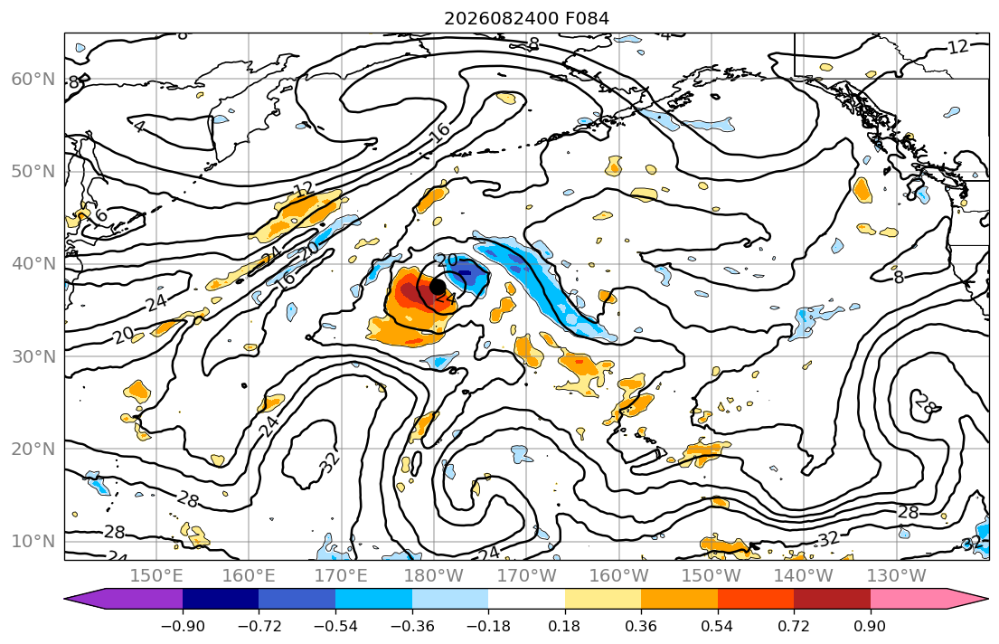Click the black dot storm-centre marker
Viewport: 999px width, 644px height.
coord(437,287)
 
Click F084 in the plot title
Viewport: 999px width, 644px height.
coord(587,18)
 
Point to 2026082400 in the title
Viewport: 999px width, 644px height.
coord(502,18)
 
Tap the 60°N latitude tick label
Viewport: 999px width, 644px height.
coord(33,79)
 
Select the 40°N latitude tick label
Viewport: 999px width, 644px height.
coord(33,263)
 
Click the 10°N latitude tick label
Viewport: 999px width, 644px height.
coord(33,541)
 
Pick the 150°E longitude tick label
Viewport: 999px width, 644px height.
coord(156,576)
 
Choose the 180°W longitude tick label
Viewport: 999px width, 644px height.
coord(434,576)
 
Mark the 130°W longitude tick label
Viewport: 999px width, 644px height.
coord(897,576)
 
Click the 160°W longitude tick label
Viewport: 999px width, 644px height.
coord(618,576)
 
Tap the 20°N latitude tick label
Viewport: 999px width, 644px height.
coord(33,449)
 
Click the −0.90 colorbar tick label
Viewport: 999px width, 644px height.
coord(183,626)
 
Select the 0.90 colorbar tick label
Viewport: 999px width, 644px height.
coord(871,626)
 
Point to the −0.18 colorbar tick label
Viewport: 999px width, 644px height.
coord(489,626)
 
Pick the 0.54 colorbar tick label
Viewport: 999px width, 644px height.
coord(718,626)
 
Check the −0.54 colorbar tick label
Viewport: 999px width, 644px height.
coord(335,626)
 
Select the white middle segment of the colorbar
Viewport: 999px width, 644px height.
coord(527,600)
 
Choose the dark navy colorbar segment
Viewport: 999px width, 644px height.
coord(221,600)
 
